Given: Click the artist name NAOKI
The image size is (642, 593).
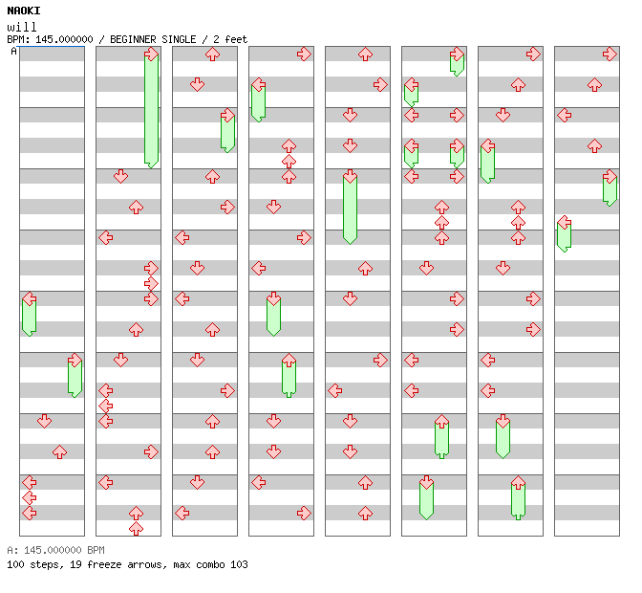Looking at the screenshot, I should pos(24,11).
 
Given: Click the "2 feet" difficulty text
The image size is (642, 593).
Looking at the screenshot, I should pos(229,39).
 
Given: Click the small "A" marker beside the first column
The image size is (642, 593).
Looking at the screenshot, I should pos(13,51).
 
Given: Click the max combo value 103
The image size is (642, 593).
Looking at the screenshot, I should pos(239,564).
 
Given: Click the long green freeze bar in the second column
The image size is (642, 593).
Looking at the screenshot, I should pos(151,109).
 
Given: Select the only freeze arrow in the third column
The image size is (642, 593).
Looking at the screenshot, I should pos(227,131).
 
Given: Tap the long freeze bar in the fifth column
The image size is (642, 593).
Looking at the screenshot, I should pos(350,207).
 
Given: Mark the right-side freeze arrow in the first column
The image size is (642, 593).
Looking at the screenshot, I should pos(75,375).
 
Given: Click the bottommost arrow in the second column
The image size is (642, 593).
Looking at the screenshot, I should pos(136,528).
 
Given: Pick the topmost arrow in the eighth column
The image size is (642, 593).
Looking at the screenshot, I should pos(610,55).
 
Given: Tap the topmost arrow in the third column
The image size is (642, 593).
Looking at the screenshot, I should pos(212,55).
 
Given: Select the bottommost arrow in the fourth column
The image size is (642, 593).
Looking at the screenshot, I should pos(304,513).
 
